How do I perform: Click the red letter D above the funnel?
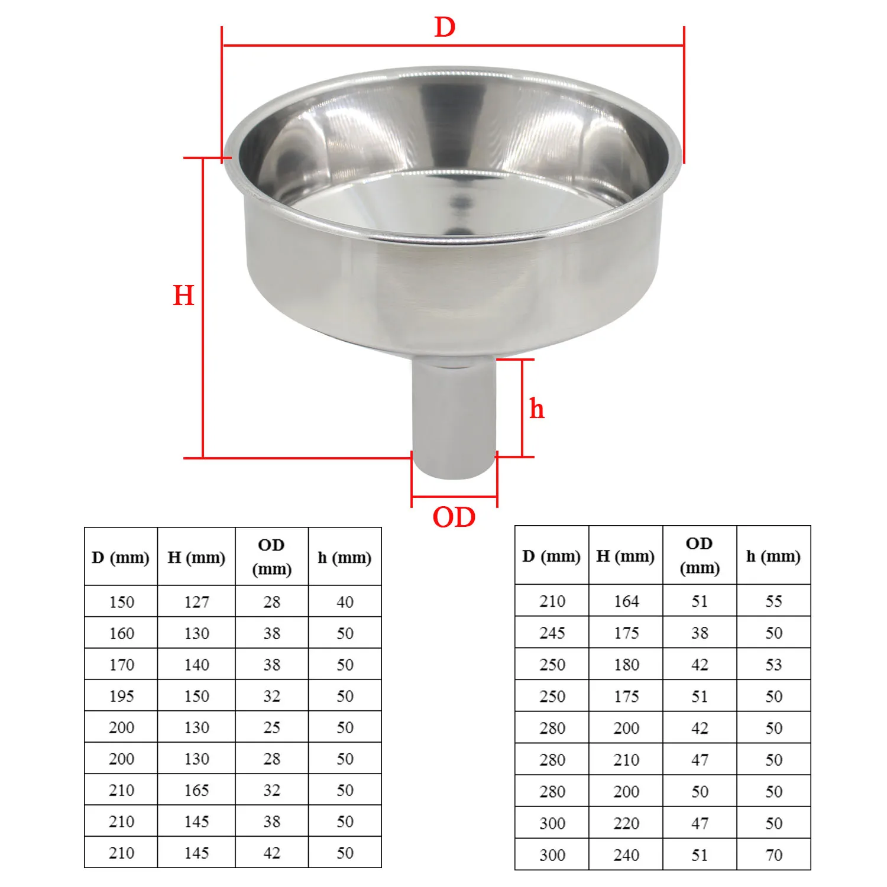click(x=445, y=27)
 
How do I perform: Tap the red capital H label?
click(x=183, y=295)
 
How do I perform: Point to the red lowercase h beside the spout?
click(x=536, y=409)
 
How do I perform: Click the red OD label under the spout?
click(x=454, y=517)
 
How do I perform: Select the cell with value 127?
click(x=196, y=602)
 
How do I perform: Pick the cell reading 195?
click(x=121, y=696)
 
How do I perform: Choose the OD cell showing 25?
click(x=271, y=727)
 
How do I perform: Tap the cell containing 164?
click(x=626, y=601)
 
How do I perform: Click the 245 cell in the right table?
click(x=552, y=633)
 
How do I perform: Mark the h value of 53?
click(x=773, y=665)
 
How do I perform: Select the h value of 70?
click(x=773, y=855)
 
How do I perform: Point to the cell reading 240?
click(x=626, y=855)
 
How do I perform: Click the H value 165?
click(x=196, y=790)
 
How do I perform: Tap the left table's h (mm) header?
click(x=345, y=558)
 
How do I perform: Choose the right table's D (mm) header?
click(x=552, y=556)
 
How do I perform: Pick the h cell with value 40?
click(x=345, y=602)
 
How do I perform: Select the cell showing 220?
click(x=626, y=823)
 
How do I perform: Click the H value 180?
click(x=626, y=665)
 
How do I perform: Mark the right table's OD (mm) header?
click(x=700, y=556)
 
